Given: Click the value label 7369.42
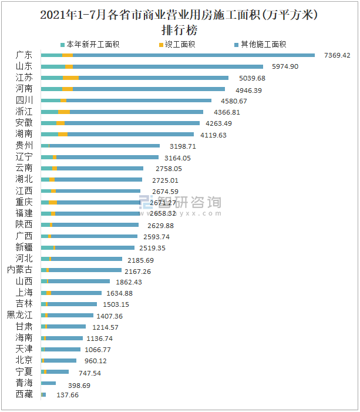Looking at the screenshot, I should click(337, 55).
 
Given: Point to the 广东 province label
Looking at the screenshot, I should click(24, 55).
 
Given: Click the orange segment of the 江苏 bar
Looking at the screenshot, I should click(70, 78).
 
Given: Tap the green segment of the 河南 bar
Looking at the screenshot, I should click(51, 89).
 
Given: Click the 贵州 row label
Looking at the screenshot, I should click(24, 145).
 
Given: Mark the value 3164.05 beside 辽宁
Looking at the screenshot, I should click(178, 158).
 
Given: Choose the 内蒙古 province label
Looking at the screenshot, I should click(19, 270).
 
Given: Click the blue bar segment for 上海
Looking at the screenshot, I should click(76, 293).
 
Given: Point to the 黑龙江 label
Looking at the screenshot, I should click(19, 316).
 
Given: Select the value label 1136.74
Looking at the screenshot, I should click(99, 339).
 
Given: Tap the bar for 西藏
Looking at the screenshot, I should click(43, 394).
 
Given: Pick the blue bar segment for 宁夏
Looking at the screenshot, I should click(58, 372).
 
